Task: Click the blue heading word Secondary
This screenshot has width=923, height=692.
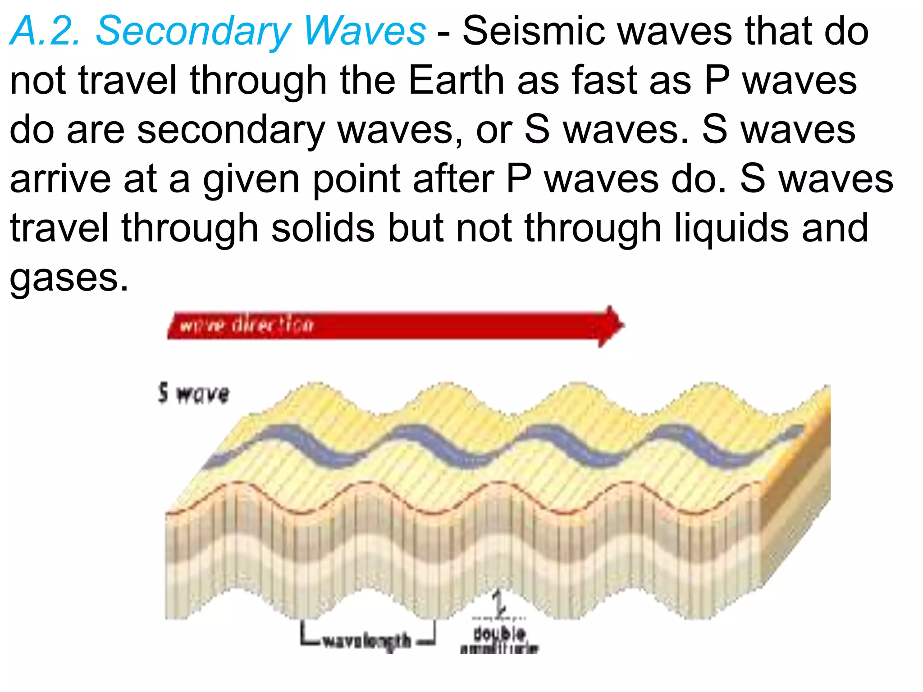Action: pyautogui.click(x=194, y=32)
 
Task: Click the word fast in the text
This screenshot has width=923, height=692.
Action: pyautogui.click(x=604, y=81)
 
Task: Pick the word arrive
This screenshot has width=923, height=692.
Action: pyautogui.click(x=60, y=179)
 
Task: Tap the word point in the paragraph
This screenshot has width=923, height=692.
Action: pyautogui.click(x=356, y=179)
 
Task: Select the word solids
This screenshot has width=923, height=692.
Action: pyautogui.click(x=323, y=228)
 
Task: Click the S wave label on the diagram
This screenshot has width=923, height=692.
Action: pyautogui.click(x=194, y=394)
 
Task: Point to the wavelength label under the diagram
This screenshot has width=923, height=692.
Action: pyautogui.click(x=367, y=640)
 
